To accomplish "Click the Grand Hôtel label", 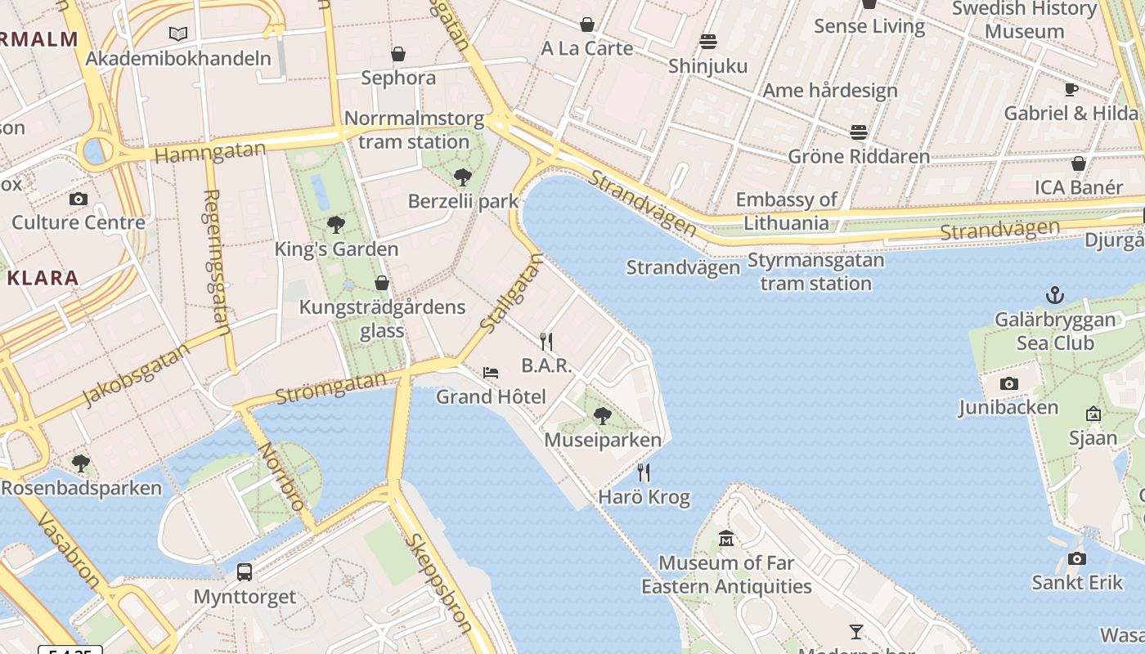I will point(491,397).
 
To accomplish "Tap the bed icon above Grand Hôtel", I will point(491,373).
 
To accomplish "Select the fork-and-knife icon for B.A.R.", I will point(546,342).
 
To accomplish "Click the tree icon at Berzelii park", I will point(463,177).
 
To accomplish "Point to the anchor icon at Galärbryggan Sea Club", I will point(1055,295).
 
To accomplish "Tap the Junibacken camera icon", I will point(1009,383).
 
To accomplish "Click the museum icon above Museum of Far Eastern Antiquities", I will point(726,539).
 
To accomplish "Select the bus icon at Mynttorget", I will point(245,572).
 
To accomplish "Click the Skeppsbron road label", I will point(438,582).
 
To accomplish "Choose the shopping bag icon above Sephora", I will point(398,54).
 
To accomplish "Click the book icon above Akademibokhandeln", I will point(178,34).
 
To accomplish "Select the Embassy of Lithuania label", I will point(786,211).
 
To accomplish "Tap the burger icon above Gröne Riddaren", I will point(858,132).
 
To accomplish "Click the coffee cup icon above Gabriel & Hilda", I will point(1071,89).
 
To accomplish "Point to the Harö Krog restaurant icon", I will point(644,473).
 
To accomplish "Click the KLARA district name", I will point(43,278).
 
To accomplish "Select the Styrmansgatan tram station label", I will point(815,272).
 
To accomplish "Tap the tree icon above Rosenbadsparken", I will point(80,464).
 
